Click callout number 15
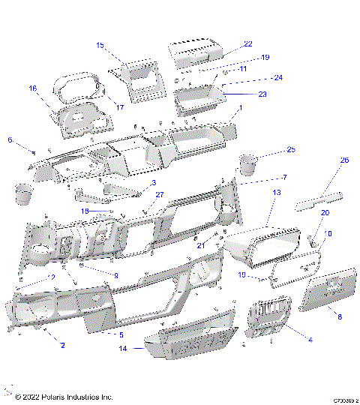pos(100,46)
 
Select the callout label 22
pos(248,45)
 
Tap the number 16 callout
pos(32,88)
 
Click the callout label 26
pos(345,160)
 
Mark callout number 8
pos(339,317)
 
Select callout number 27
pos(159,195)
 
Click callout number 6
pos(10,140)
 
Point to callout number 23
pos(262,94)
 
